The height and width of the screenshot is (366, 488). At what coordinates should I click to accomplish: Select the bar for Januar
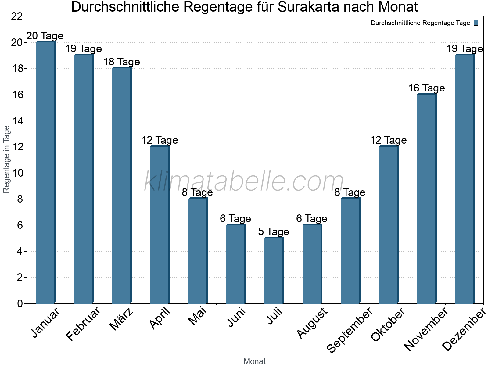[45, 173]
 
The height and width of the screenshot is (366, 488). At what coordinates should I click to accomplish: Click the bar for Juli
[274, 271]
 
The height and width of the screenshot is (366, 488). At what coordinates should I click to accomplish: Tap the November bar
[426, 199]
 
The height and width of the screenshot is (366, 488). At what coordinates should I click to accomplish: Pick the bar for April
[160, 225]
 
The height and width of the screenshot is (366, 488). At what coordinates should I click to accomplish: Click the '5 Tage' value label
[274, 232]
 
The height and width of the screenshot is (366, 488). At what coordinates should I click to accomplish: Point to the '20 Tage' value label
[45, 36]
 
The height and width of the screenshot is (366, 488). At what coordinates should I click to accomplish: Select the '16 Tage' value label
[426, 88]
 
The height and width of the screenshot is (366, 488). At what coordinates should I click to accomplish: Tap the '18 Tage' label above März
[121, 62]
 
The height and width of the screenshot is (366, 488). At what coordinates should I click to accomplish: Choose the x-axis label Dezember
[464, 329]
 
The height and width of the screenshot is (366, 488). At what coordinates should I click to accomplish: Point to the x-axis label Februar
[83, 324]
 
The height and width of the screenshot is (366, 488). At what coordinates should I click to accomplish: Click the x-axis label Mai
[197, 316]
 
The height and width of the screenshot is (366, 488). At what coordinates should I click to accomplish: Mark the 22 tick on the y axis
[17, 16]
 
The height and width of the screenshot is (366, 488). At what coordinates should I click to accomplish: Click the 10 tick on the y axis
[17, 173]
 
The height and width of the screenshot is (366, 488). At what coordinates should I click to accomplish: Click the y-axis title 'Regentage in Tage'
[7, 159]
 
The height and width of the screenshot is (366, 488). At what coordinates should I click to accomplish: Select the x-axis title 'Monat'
[254, 361]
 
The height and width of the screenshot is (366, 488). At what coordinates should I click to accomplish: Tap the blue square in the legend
[476, 23]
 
